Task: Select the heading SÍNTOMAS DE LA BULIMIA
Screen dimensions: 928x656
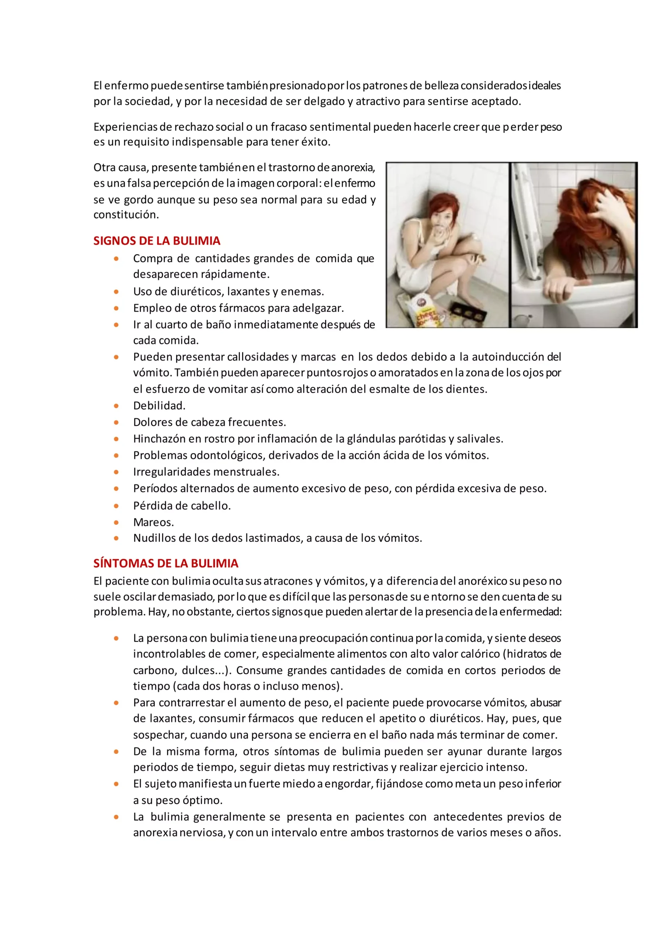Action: coord(166,563)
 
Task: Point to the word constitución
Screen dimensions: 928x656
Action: coord(126,215)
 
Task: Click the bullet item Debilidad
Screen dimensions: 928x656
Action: coord(159,405)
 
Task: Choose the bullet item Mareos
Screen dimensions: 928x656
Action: coord(153,522)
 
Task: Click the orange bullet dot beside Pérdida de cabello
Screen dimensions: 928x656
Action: coord(116,506)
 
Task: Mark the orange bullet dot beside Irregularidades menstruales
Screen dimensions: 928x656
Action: coord(116,472)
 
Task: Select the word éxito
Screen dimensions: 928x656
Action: coord(316,142)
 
